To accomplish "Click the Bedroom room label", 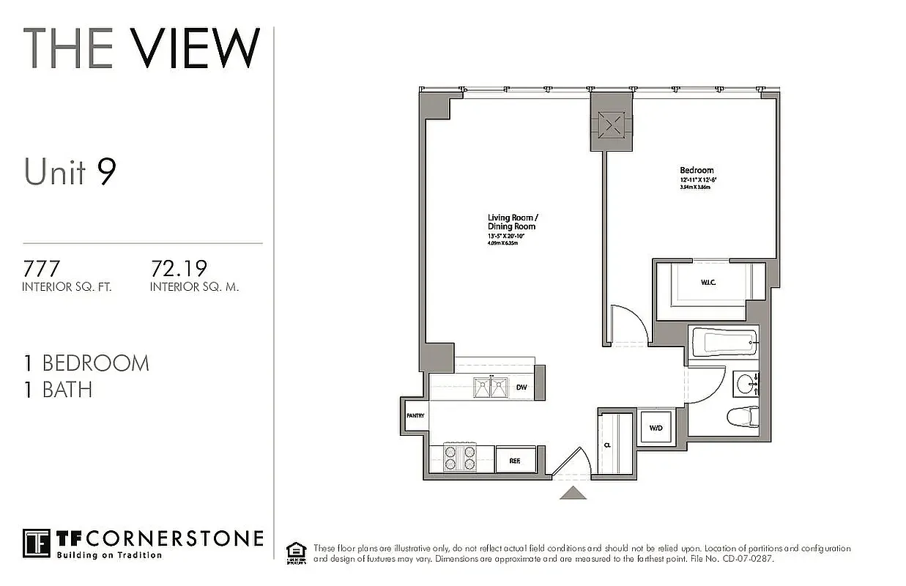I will pyautogui.click(x=696, y=171).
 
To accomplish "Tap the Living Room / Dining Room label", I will pyautogui.click(x=512, y=222).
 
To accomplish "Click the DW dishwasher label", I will pyautogui.click(x=521, y=388).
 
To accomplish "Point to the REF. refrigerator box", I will pyautogui.click(x=514, y=460).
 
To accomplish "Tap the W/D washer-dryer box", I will pyautogui.click(x=655, y=427).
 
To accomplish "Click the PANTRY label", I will pyautogui.click(x=415, y=415).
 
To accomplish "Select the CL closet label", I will pyautogui.click(x=608, y=445).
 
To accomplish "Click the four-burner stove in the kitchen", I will pyautogui.click(x=460, y=459).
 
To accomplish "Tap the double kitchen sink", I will pyautogui.click(x=491, y=387).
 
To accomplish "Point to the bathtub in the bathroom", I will pyautogui.click(x=723, y=342).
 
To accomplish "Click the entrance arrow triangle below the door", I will pyautogui.click(x=573, y=493).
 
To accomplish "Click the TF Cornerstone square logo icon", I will pyautogui.click(x=36, y=543).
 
